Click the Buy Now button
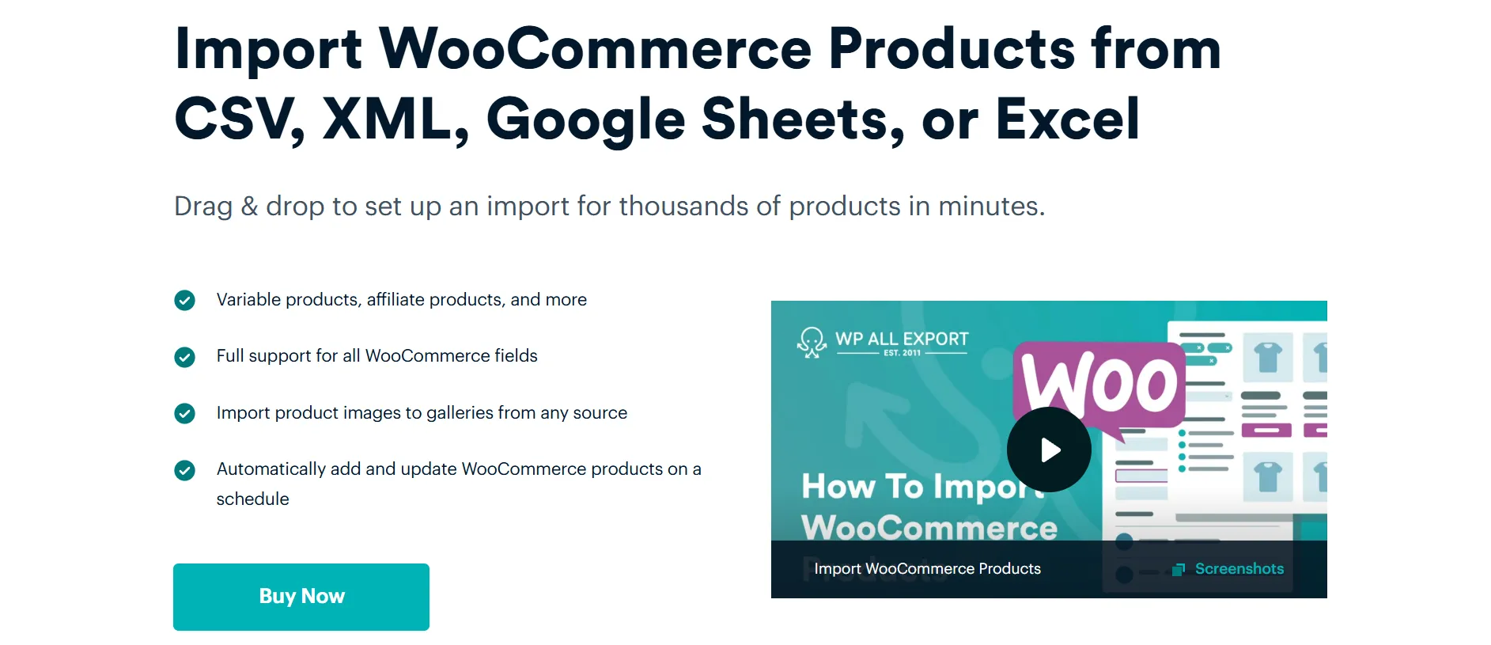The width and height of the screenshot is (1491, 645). (x=301, y=597)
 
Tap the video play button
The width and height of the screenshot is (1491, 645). (x=1049, y=450)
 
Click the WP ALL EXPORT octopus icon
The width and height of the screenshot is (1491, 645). (x=812, y=343)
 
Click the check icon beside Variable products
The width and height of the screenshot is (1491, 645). (x=184, y=301)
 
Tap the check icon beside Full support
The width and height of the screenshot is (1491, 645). (x=184, y=357)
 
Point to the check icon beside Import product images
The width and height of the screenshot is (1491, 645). (x=184, y=413)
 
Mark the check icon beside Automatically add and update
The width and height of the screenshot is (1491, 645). (x=184, y=470)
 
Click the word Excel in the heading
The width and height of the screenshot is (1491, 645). (x=1068, y=120)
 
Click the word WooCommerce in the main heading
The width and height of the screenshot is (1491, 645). (x=596, y=49)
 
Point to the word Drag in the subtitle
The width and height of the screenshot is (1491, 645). (x=203, y=207)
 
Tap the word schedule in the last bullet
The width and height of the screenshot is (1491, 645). (x=253, y=499)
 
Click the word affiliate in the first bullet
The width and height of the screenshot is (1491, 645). (x=395, y=299)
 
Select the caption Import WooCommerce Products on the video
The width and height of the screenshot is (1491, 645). (x=928, y=569)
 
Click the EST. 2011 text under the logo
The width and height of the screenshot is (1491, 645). (x=902, y=353)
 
